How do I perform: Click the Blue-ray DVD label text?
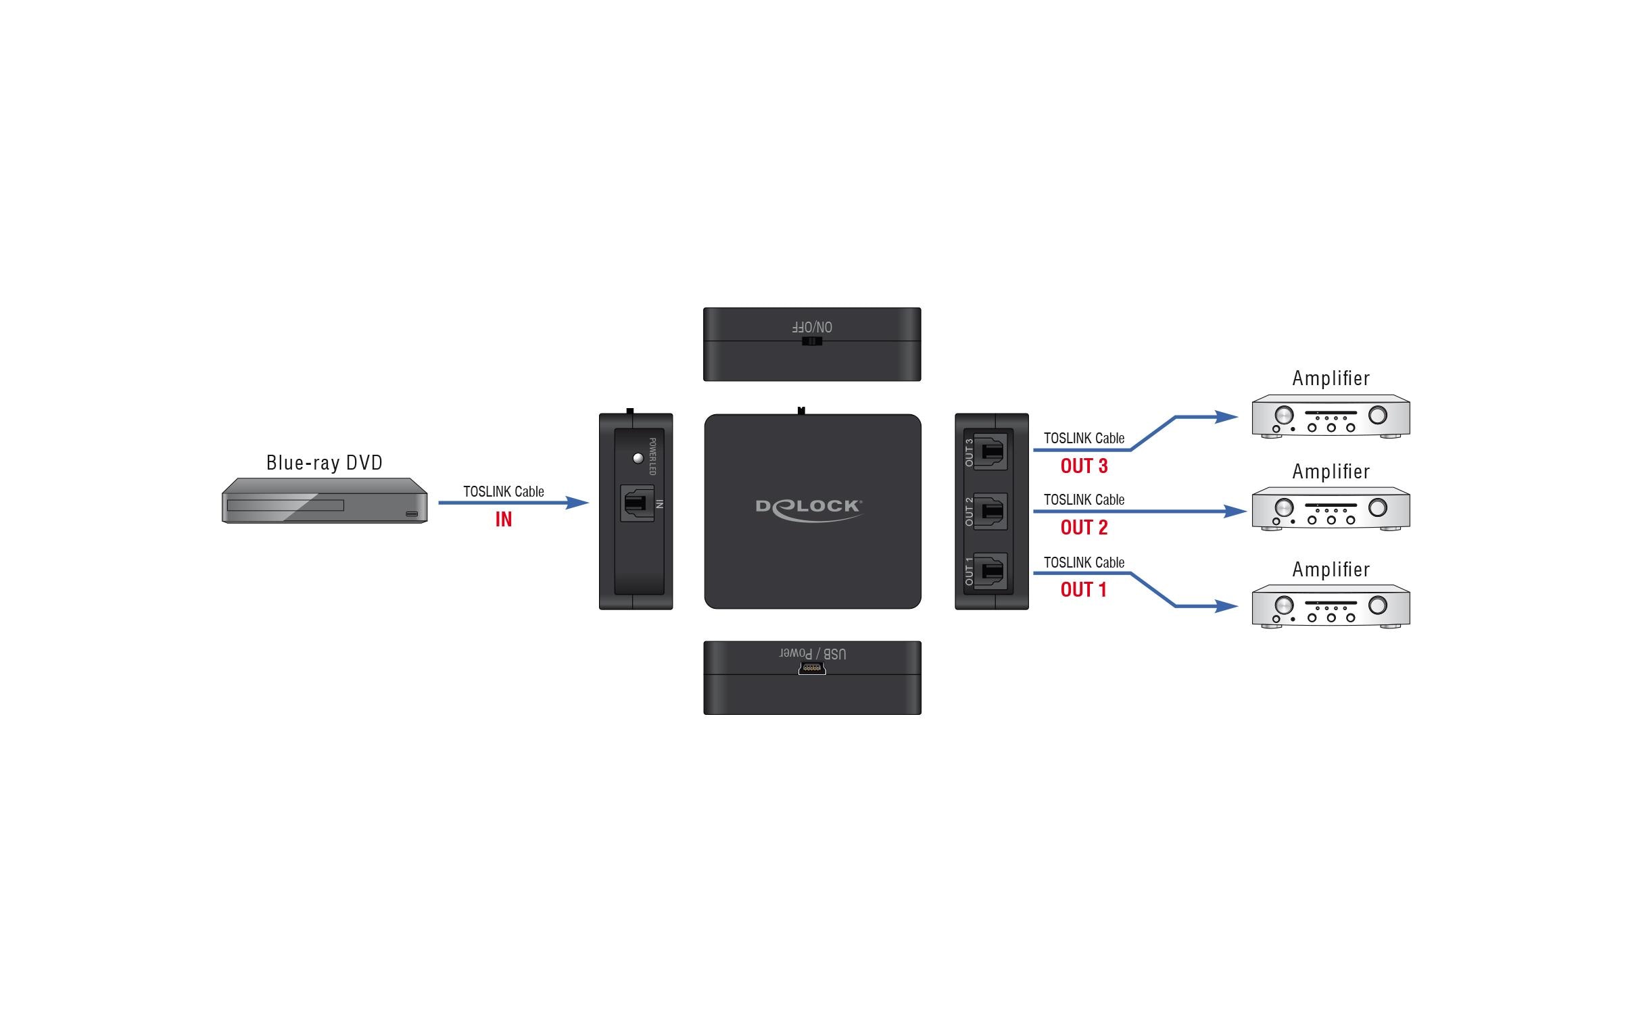[x=324, y=463]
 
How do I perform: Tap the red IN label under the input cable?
[x=503, y=520]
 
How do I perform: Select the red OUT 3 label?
[x=1084, y=466]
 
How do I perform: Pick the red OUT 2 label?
[x=1084, y=528]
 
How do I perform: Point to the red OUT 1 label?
[x=1083, y=590]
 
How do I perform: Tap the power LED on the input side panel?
[x=638, y=459]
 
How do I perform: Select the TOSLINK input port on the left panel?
[x=637, y=503]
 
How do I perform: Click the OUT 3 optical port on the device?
[x=991, y=451]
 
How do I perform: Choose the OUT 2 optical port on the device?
[x=991, y=512]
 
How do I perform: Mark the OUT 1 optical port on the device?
[x=991, y=572]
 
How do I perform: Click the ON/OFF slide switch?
[x=811, y=341]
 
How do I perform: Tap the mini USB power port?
[x=811, y=669]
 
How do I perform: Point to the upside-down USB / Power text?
[x=812, y=653]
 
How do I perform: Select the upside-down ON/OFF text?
[x=812, y=327]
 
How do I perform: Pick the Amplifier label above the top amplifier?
[x=1331, y=378]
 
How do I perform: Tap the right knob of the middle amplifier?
[x=1377, y=507]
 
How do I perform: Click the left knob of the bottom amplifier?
[x=1283, y=605]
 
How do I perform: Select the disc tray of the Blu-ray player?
[x=285, y=505]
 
